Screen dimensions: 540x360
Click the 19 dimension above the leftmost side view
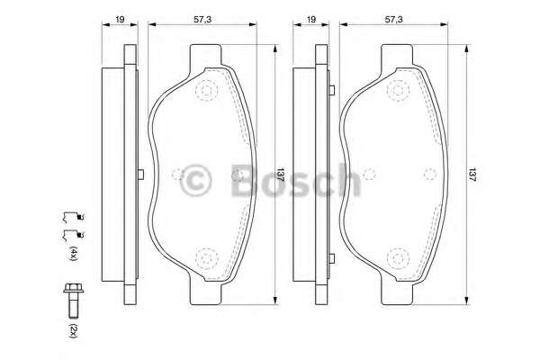pyautogui.click(x=120, y=19)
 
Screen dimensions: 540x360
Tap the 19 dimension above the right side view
pyautogui.click(x=311, y=19)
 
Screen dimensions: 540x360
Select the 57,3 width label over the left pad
pyautogui.click(x=202, y=19)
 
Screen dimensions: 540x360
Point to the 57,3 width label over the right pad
pyautogui.click(x=393, y=19)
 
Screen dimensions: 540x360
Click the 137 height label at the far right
pyautogui.click(x=472, y=175)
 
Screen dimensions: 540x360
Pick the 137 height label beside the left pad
pyautogui.click(x=281, y=175)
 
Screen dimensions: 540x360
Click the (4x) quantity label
pyautogui.click(x=74, y=253)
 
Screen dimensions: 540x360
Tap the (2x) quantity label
pyautogui.click(x=74, y=330)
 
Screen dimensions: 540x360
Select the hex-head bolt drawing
pyautogui.click(x=74, y=301)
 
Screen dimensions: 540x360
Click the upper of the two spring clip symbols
pyautogui.click(x=73, y=216)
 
